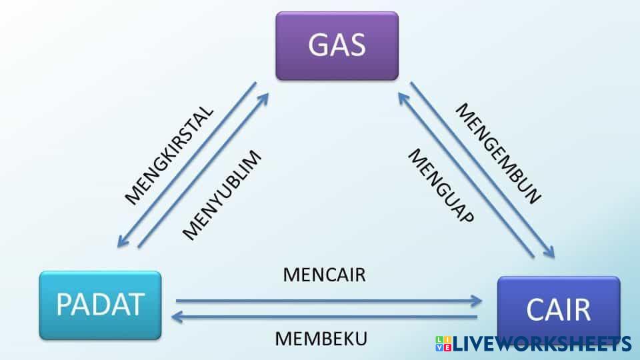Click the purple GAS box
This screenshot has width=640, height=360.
point(337,45)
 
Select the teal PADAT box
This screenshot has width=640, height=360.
point(100,305)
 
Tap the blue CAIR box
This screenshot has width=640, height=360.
point(558,309)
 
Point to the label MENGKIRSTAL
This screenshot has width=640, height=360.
point(170,154)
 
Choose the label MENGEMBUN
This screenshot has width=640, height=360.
point(498,153)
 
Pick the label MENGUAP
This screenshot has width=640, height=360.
point(441,186)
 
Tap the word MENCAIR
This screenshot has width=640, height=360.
point(324,275)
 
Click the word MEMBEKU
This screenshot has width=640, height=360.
point(321,339)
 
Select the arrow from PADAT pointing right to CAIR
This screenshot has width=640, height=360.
point(327,301)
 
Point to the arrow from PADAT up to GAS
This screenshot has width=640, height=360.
point(203,170)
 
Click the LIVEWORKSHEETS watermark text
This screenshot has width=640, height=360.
point(541,344)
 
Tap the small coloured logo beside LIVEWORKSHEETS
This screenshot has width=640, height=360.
point(443,344)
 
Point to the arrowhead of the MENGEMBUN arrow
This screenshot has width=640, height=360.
point(551,253)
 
